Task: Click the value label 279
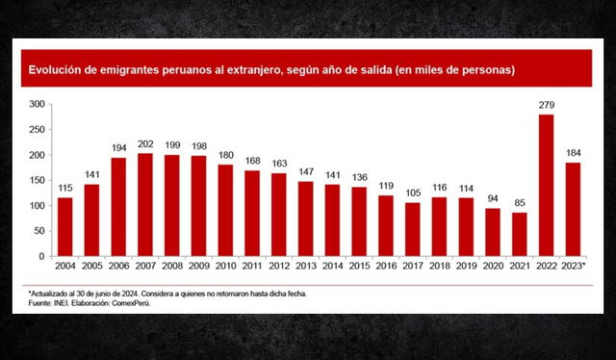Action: (x=547, y=106)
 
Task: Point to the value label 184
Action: (x=572, y=154)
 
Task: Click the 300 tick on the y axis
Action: (x=38, y=104)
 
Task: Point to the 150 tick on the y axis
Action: (x=38, y=180)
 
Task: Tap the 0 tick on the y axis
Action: (x=43, y=257)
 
